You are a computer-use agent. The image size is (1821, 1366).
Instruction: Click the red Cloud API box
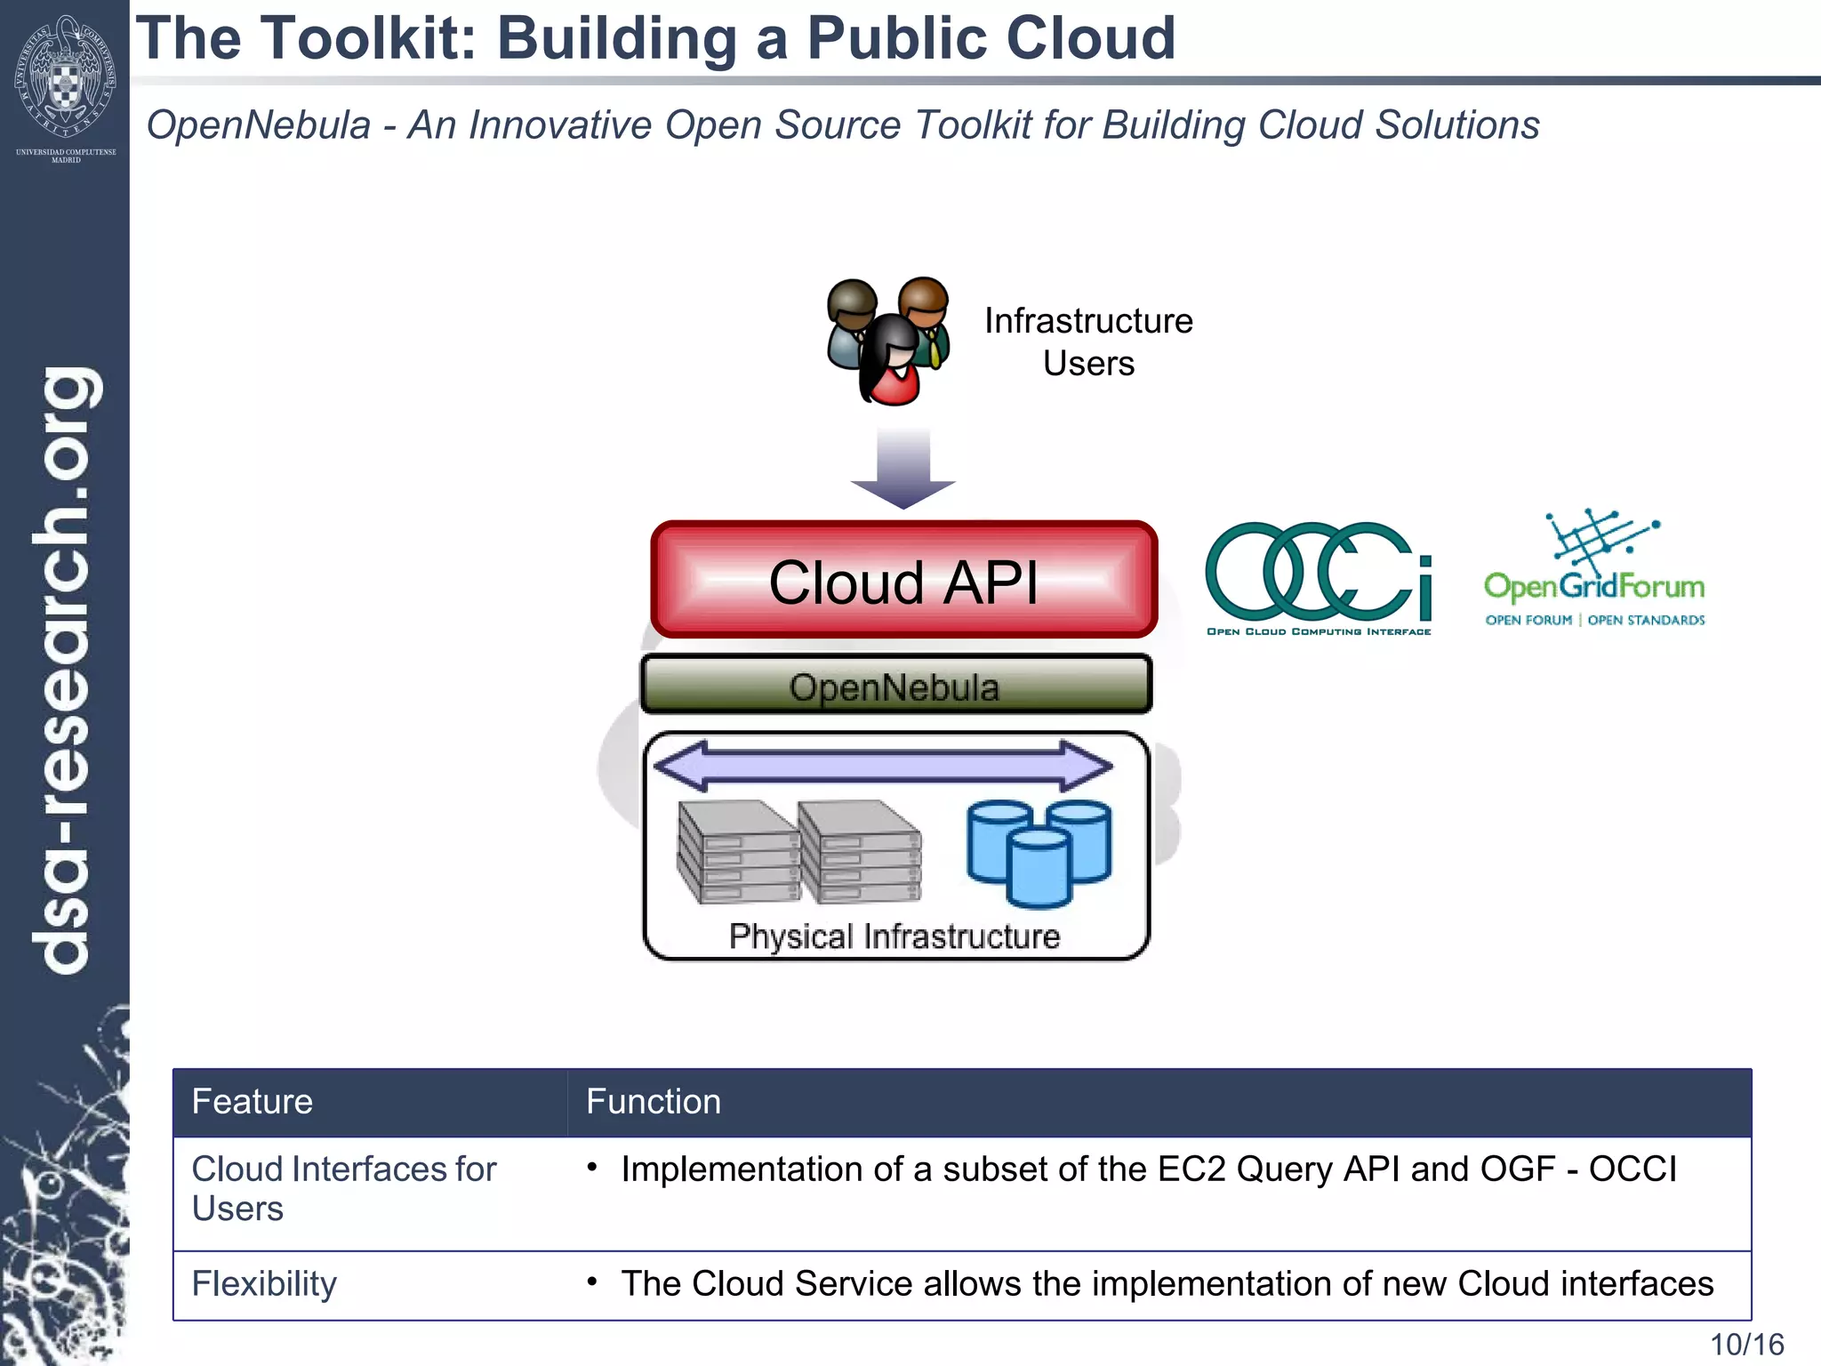903,581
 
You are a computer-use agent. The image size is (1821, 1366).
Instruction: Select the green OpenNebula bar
895,686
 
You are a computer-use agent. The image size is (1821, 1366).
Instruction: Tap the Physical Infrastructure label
894,936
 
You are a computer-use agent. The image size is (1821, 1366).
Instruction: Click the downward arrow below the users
902,468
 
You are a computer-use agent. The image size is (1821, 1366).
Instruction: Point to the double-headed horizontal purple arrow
883,766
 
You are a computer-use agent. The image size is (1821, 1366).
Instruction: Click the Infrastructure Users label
1088,341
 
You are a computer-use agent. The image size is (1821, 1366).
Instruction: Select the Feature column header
253,1102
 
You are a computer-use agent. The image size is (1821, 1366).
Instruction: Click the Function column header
654,1102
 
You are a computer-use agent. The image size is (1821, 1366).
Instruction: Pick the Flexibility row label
264,1284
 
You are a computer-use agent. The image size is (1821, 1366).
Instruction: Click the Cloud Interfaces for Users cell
343,1188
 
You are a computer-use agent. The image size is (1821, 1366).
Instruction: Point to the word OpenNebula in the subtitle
258,125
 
